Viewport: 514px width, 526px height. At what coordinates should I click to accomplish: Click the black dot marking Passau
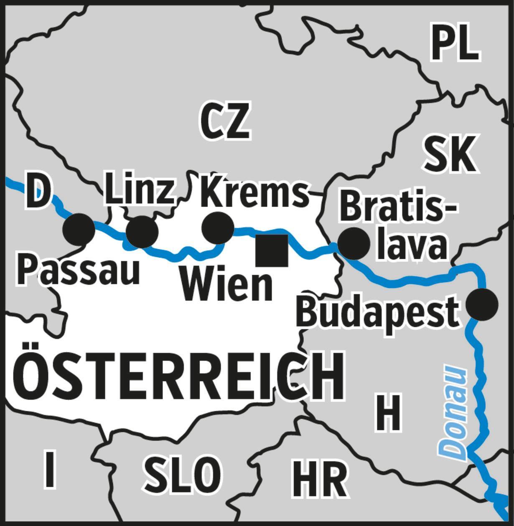click(x=79, y=229)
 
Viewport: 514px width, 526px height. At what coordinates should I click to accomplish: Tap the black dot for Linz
click(x=142, y=232)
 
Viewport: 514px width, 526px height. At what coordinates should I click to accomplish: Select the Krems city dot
click(x=218, y=228)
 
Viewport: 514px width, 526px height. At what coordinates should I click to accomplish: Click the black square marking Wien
click(x=272, y=250)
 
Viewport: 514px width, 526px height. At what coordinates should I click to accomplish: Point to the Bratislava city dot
click(x=354, y=243)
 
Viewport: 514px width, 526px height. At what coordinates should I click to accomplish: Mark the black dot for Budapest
click(x=482, y=304)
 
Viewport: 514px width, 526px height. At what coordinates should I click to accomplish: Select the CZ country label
click(x=225, y=121)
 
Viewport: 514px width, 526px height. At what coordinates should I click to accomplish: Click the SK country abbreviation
click(x=449, y=154)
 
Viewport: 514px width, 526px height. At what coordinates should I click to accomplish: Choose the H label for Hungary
click(x=388, y=412)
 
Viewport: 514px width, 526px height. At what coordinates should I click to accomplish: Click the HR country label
click(x=320, y=478)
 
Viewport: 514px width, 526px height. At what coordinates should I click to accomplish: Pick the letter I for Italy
click(x=50, y=469)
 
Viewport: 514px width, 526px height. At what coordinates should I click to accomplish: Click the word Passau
click(x=78, y=271)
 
